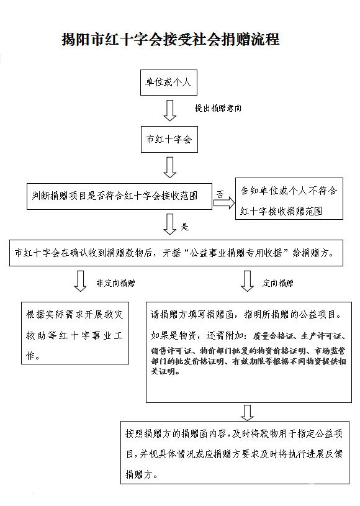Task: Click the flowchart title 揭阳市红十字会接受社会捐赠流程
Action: (x=170, y=40)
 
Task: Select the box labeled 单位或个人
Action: (x=168, y=82)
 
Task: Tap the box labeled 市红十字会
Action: (x=168, y=140)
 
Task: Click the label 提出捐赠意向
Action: (x=218, y=108)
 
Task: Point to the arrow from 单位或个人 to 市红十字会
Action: (x=169, y=110)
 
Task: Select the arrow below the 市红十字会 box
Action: (x=169, y=167)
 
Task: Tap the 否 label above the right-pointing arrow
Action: (x=220, y=194)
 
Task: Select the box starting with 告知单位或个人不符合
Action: (x=289, y=201)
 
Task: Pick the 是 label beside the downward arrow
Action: (x=184, y=227)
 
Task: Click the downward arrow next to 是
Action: (x=169, y=225)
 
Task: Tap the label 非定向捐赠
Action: (x=115, y=283)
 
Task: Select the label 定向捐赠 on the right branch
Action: (x=277, y=283)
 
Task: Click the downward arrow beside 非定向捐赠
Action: (x=80, y=281)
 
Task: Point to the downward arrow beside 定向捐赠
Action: (x=247, y=281)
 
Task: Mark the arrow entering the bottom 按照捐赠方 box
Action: (x=247, y=412)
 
